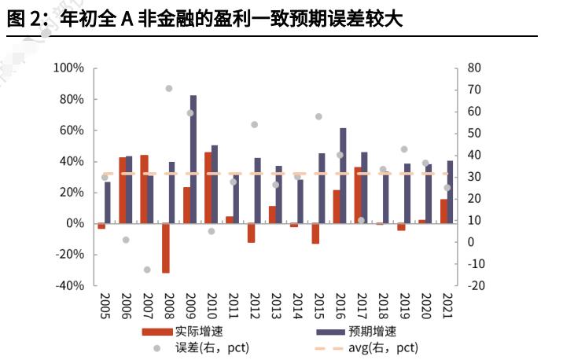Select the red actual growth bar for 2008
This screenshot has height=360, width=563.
pyautogui.click(x=166, y=248)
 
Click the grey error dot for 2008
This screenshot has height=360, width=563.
pyautogui.click(x=169, y=88)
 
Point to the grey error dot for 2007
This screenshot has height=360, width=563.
pyautogui.click(x=147, y=270)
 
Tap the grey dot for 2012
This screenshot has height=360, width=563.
pyautogui.click(x=255, y=124)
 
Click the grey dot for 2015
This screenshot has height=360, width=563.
pyautogui.click(x=318, y=116)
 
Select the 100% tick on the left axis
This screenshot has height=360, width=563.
pyautogui.click(x=68, y=68)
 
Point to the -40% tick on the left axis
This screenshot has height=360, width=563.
pyautogui.click(x=68, y=285)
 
